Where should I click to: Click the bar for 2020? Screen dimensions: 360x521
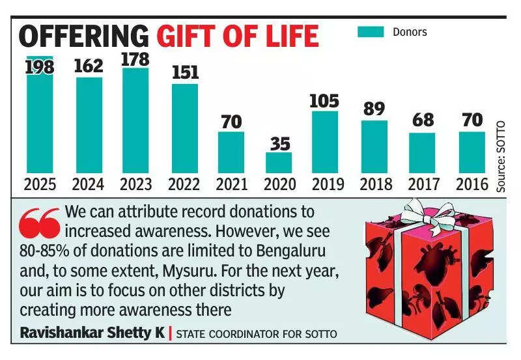[x=279, y=163]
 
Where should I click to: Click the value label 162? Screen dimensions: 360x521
[x=89, y=66]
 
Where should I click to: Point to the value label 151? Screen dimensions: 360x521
[x=185, y=72]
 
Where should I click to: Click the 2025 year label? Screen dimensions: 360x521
[x=40, y=184]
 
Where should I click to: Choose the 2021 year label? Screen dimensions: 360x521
[x=231, y=184]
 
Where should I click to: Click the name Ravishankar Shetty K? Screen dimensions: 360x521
[x=91, y=333]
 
